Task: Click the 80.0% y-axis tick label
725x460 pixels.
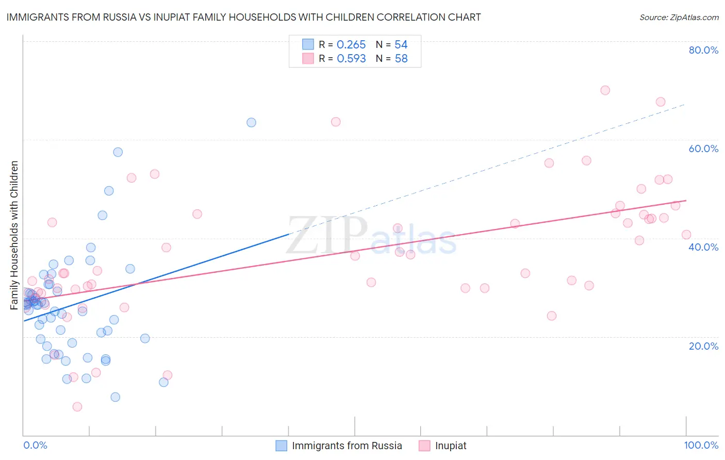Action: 703,50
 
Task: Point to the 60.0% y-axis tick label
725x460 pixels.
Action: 703,149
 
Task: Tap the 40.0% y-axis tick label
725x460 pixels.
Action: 703,247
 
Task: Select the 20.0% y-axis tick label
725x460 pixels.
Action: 703,346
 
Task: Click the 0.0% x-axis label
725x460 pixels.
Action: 35,445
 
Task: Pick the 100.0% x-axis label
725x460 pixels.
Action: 701,445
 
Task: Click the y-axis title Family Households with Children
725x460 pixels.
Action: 14,235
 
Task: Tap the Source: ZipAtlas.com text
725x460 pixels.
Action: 679,18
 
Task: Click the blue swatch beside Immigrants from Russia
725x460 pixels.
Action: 281,446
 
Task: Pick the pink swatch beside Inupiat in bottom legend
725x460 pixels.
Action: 424,446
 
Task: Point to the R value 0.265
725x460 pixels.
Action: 351,45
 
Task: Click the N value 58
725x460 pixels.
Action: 401,59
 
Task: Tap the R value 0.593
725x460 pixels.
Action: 351,59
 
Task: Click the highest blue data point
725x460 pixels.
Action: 251,122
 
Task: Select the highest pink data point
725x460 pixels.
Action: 605,90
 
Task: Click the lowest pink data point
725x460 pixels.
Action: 77,406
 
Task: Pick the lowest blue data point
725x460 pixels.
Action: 116,397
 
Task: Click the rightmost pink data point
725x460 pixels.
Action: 686,235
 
